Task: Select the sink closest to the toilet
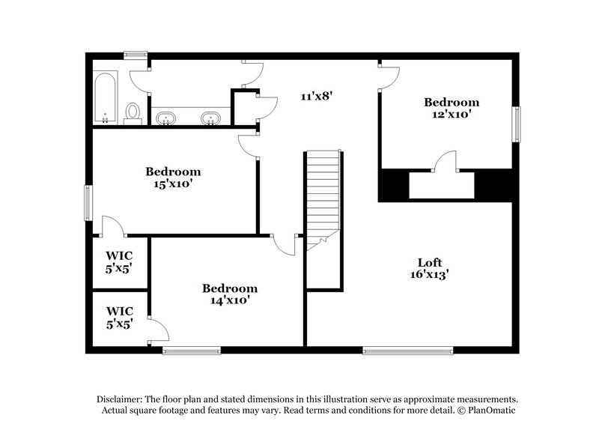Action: (165, 118)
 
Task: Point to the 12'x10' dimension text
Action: (451, 115)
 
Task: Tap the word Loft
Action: (429, 262)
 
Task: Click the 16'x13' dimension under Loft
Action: (428, 274)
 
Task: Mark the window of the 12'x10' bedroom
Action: (516, 123)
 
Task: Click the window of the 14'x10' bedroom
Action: (192, 350)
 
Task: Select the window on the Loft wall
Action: (408, 350)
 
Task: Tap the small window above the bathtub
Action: (135, 54)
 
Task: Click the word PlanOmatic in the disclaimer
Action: (490, 411)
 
